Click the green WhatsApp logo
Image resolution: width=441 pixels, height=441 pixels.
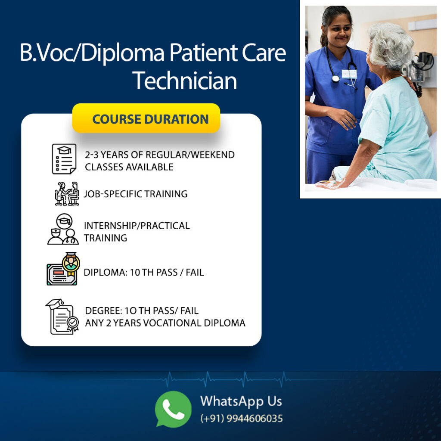[x=173, y=409]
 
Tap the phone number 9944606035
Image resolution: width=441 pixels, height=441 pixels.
[x=255, y=419]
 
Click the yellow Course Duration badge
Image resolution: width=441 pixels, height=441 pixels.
[x=146, y=118]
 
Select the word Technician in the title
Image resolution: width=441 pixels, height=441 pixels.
[x=185, y=81]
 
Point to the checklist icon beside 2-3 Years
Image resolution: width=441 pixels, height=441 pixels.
[x=64, y=159]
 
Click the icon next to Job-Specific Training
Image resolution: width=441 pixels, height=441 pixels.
[x=67, y=194]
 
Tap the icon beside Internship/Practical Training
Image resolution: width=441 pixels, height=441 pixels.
[x=63, y=229]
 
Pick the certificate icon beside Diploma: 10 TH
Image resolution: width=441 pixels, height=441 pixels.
[x=63, y=269]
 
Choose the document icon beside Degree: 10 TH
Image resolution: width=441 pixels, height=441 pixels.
[x=62, y=317]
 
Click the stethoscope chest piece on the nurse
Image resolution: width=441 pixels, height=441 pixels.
[x=335, y=78]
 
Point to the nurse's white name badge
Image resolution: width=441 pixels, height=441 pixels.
[x=349, y=74]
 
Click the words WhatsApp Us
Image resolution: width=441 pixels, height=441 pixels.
[x=241, y=401]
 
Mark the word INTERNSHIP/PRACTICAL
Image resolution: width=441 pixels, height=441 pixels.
[x=137, y=226]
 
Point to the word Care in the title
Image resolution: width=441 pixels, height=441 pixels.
[x=264, y=53]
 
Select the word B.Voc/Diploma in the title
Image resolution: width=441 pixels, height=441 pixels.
[x=92, y=53]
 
